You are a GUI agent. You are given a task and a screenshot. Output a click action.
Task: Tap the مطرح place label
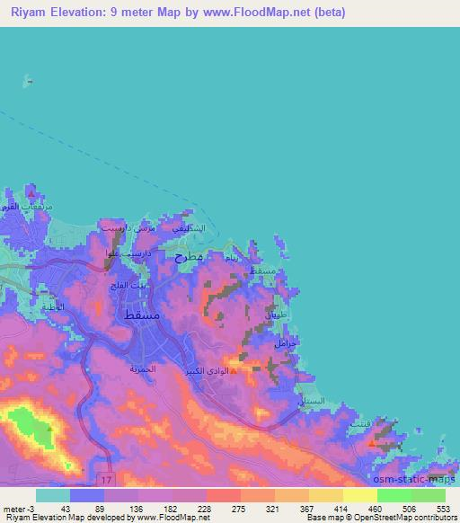tap(190, 258)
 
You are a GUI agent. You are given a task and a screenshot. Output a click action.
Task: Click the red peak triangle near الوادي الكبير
tap(234, 369)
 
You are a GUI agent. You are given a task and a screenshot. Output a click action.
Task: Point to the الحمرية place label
tap(143, 369)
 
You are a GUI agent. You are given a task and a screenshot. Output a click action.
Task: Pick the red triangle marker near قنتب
tap(373, 442)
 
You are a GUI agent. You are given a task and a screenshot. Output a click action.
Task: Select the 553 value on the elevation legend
tap(442, 509)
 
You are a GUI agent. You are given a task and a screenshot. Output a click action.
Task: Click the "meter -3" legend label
tap(15, 509)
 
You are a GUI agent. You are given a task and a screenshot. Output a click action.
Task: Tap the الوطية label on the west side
tap(54, 307)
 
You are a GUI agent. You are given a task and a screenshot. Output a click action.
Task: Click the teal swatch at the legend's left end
tap(53, 495)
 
